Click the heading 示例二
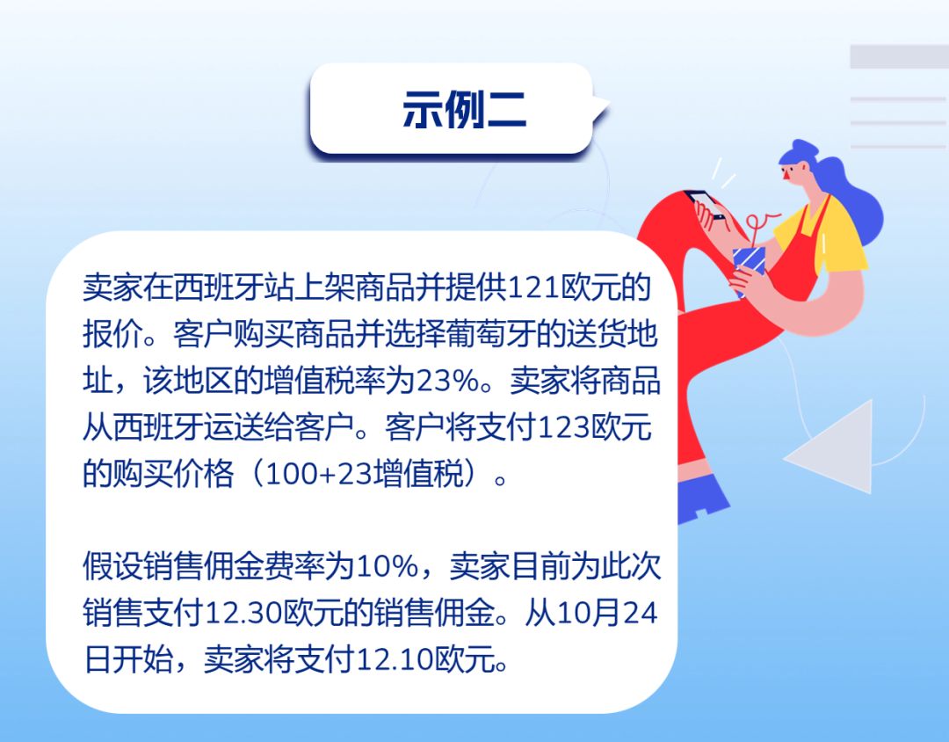click(464, 110)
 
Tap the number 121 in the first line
click(533, 287)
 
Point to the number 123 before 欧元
click(563, 427)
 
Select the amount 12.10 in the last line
click(395, 659)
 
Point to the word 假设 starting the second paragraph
click(112, 567)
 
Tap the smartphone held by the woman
click(704, 205)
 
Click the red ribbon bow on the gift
click(759, 223)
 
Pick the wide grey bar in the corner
click(900, 56)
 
